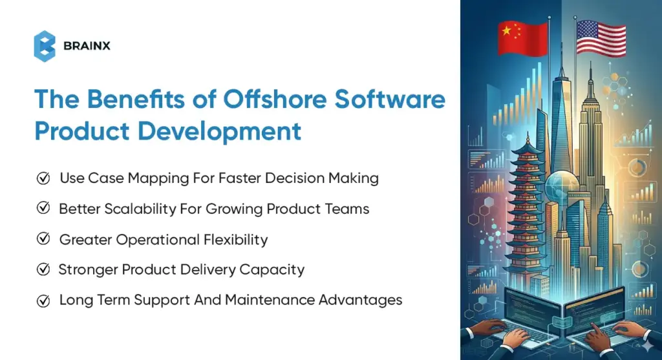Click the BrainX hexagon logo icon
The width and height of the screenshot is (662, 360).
pos(45,46)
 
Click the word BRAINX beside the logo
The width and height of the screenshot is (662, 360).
pos(87,46)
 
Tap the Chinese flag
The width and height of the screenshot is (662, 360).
pos(522,37)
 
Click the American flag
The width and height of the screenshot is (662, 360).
pos(601,37)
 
